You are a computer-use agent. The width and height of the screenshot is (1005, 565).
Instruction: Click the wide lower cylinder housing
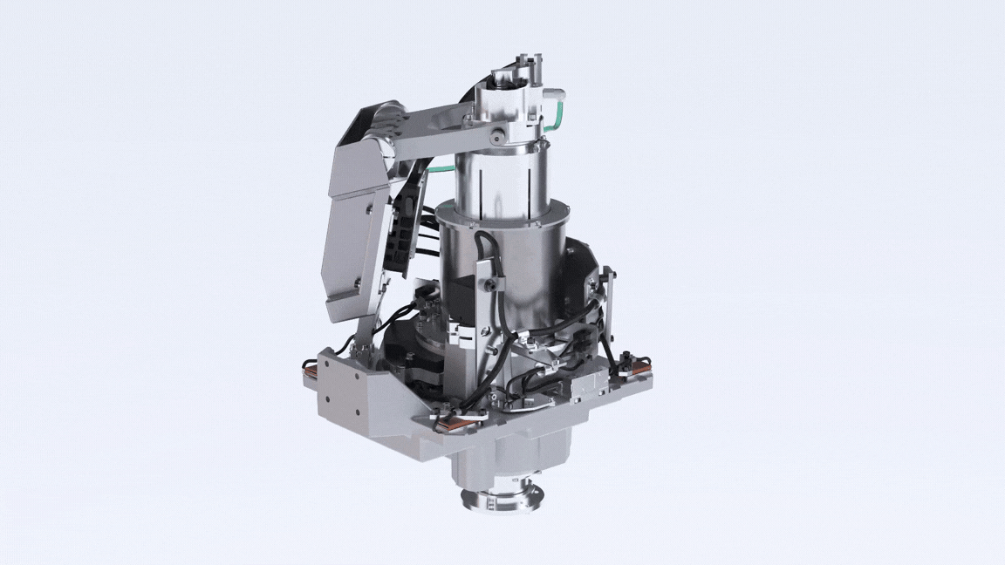(506, 266)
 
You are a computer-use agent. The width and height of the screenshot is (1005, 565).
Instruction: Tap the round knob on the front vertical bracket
(496, 286)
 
